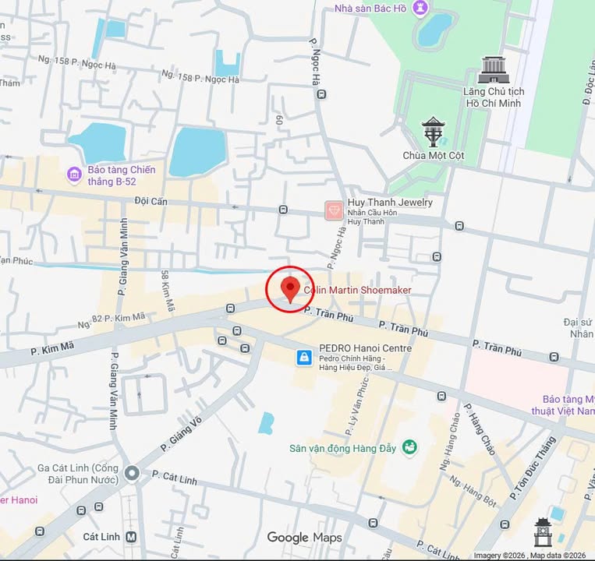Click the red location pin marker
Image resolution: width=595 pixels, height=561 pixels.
[290, 288]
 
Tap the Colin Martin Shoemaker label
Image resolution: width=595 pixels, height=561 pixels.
[357, 290]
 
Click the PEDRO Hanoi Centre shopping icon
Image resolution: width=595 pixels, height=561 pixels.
[303, 358]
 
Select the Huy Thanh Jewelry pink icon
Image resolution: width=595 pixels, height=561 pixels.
[333, 210]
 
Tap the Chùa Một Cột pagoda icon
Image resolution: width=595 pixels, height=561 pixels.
[433, 131]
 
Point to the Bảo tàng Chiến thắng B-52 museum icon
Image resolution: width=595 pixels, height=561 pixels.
[75, 175]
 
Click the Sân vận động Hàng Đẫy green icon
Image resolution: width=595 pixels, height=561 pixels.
[409, 447]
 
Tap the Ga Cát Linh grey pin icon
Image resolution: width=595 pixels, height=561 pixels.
[132, 473]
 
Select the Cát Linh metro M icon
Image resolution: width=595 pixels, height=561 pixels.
[131, 536]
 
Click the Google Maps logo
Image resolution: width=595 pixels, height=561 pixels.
[304, 537]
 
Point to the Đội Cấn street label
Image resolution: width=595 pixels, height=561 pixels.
[151, 201]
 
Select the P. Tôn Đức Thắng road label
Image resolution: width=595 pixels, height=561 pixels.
[533, 467]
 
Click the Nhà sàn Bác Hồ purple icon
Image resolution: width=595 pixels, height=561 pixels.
[420, 9]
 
